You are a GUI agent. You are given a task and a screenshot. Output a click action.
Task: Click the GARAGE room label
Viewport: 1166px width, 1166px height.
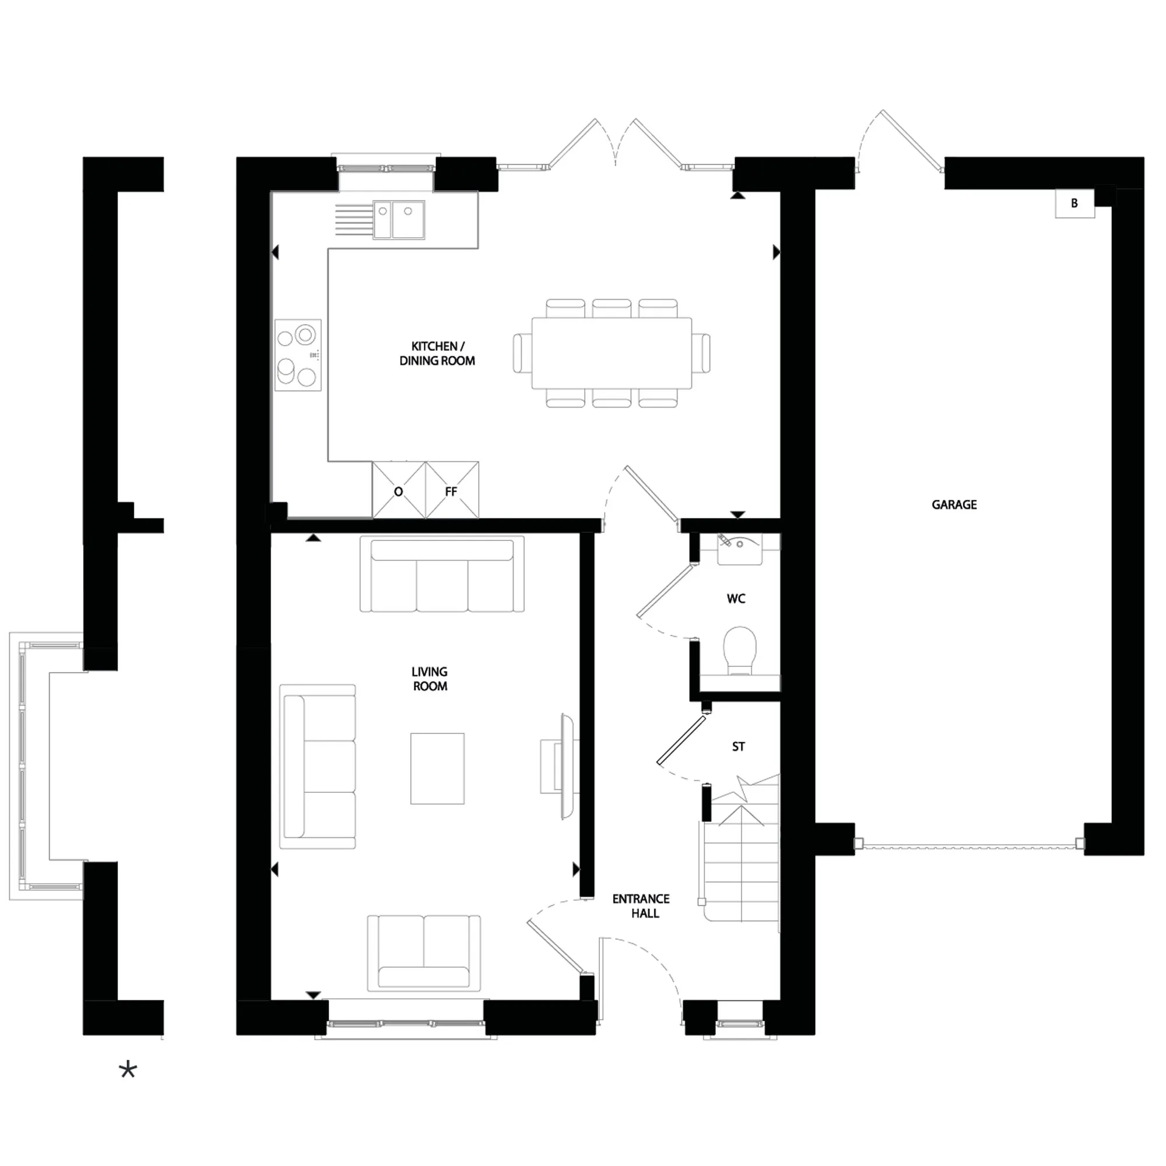pyautogui.click(x=954, y=504)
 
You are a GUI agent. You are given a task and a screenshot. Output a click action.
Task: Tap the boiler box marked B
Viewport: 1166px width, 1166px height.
pyautogui.click(x=1074, y=203)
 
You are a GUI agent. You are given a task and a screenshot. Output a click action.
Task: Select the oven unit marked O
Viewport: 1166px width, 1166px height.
pyautogui.click(x=398, y=491)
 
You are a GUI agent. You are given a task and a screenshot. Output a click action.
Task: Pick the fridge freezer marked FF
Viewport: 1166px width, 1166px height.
pyautogui.click(x=451, y=491)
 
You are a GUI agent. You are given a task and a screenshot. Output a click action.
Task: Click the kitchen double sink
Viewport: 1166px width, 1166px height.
pyautogui.click(x=399, y=220)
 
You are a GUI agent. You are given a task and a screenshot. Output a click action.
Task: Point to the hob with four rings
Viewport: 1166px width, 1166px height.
pyautogui.click(x=297, y=355)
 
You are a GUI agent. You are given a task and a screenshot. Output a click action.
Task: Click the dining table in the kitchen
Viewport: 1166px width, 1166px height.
pyautogui.click(x=612, y=353)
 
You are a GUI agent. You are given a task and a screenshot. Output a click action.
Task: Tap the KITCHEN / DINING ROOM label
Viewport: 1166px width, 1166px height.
pyautogui.click(x=437, y=354)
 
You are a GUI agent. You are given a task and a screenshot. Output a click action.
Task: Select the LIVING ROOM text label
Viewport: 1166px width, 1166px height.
pyautogui.click(x=430, y=679)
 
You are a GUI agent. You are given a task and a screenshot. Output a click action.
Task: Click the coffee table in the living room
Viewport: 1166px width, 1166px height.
pyautogui.click(x=437, y=768)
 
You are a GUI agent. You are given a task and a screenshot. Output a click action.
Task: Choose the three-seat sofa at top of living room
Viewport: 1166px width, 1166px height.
pyautogui.click(x=442, y=575)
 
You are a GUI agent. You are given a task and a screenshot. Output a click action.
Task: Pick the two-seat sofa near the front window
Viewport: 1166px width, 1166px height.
pyautogui.click(x=424, y=954)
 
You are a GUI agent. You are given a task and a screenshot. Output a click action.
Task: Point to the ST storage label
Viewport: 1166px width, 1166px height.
pyautogui.click(x=738, y=747)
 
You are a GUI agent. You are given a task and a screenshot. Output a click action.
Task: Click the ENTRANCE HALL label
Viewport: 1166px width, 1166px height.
pyautogui.click(x=641, y=906)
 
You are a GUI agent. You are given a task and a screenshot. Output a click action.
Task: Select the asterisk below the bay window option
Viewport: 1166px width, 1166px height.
pyautogui.click(x=128, y=1071)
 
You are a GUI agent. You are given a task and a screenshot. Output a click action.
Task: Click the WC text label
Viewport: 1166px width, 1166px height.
pyautogui.click(x=736, y=599)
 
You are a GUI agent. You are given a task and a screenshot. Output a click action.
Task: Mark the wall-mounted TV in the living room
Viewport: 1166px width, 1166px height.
pyautogui.click(x=566, y=767)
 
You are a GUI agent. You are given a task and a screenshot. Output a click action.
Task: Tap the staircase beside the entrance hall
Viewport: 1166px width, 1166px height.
pyautogui.click(x=741, y=863)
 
